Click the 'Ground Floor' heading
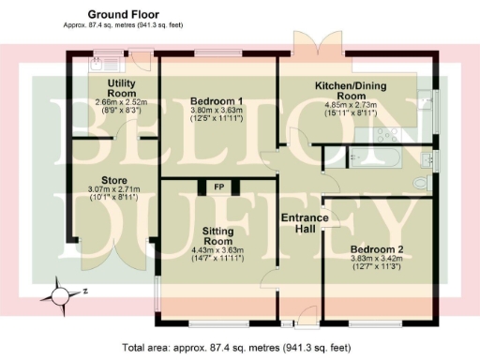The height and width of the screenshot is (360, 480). point(123,14)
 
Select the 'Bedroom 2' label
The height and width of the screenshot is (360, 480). point(373,248)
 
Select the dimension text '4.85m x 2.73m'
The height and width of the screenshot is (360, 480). point(352,105)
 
